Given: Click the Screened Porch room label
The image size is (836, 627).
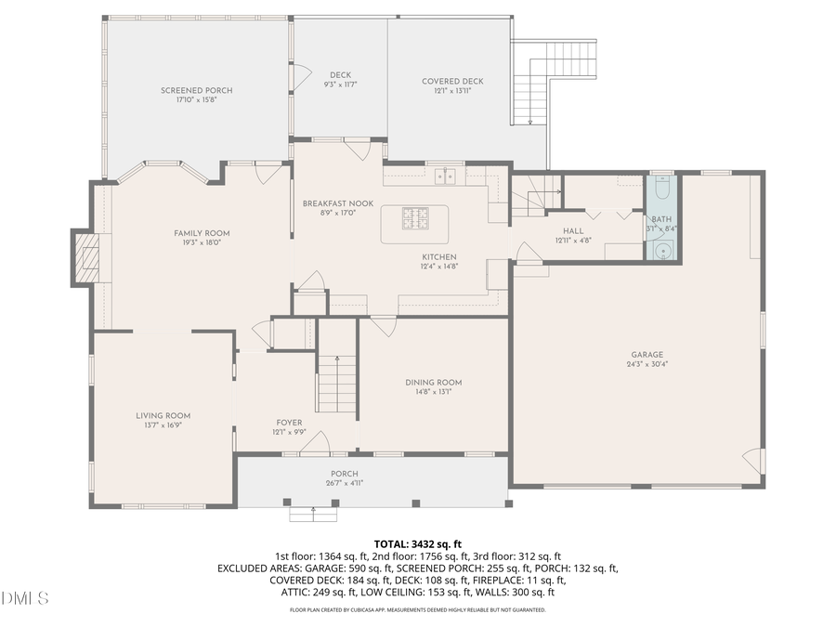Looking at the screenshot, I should coord(196,90).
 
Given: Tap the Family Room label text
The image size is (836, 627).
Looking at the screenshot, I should coord(202,233).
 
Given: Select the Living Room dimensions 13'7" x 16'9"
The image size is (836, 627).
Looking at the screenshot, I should coord(163,425).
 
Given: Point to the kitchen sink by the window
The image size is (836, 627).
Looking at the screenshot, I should coord(447,176).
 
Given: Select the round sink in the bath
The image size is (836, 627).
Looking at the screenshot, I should coord(661,250).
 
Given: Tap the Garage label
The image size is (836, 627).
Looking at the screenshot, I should coord(647,354).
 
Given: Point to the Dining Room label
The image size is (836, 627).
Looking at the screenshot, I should coord(433,382).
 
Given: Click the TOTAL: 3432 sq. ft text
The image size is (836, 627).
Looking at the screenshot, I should coord(418,543).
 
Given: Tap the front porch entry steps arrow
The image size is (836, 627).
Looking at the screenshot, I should coord(314,510).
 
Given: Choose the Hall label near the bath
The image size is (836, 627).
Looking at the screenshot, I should coord(572,230).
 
